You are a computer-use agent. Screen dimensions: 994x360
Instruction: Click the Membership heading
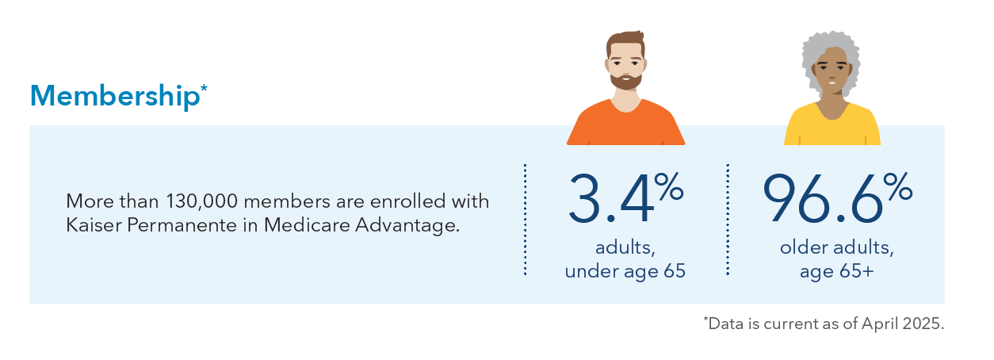[116, 96]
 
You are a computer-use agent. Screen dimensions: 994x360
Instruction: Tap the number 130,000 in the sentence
[202, 202]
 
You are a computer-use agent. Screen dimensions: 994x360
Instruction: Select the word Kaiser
[94, 225]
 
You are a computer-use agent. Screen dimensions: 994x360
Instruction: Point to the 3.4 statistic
[611, 199]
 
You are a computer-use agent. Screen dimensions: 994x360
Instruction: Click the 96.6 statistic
[822, 199]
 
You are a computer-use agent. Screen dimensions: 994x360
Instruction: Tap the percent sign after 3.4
[669, 186]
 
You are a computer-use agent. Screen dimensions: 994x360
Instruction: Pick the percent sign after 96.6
[897, 186]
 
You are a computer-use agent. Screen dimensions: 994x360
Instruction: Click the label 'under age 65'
[625, 271]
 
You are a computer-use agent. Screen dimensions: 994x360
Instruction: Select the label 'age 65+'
[837, 271]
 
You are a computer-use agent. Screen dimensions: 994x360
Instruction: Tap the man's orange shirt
[625, 127]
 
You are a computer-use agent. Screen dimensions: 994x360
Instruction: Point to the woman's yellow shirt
[832, 128]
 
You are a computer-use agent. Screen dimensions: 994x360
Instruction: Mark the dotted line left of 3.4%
[525, 220]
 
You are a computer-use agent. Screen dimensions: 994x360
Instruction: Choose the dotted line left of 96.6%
[728, 220]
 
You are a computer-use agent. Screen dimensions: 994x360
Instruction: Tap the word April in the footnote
[877, 324]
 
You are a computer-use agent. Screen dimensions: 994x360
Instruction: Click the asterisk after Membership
[205, 87]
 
